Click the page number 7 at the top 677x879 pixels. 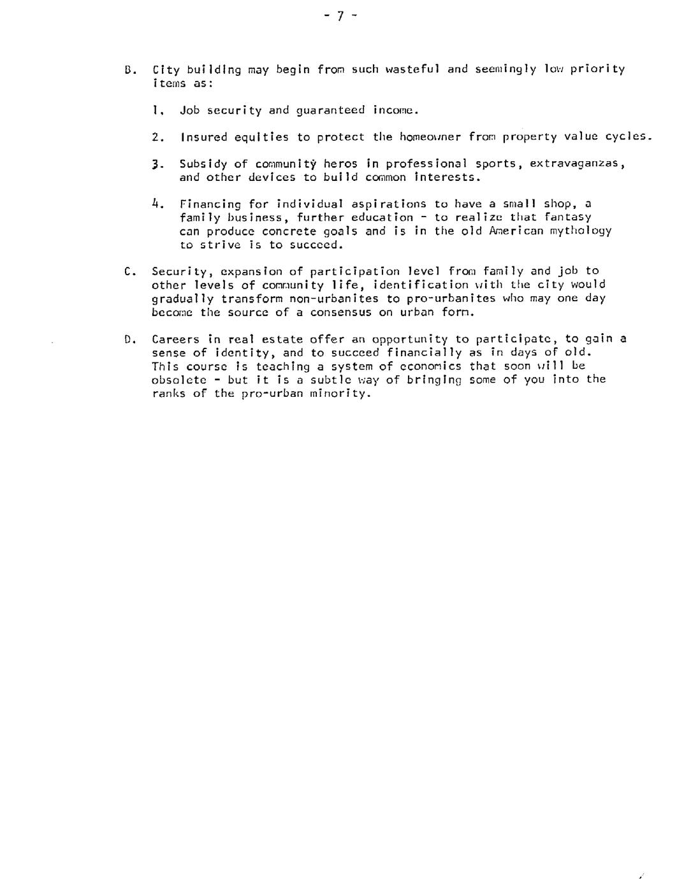click(x=340, y=17)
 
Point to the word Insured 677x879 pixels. click(x=203, y=137)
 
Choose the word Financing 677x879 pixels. click(x=210, y=204)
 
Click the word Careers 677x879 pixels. click(x=175, y=339)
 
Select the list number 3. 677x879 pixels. click(x=156, y=164)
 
